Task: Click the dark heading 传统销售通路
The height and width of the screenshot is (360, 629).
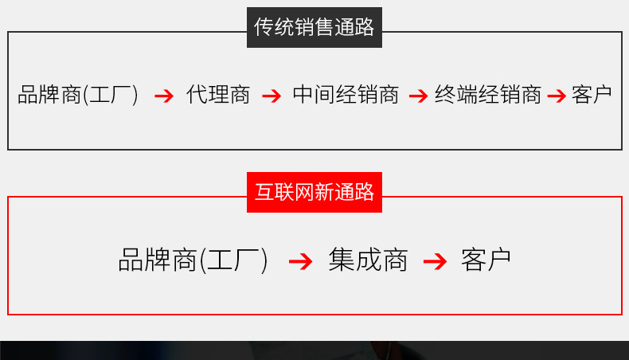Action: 314,27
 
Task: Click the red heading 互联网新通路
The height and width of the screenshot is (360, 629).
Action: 314,192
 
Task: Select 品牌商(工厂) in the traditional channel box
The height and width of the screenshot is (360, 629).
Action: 78,95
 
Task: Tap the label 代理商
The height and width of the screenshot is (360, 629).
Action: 218,95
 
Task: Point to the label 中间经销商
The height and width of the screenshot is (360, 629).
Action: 346,95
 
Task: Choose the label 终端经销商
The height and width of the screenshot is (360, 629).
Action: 488,95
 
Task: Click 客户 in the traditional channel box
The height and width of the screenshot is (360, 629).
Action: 592,95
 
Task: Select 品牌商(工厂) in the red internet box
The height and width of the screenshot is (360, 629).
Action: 193,260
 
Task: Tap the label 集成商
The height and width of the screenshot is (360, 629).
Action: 368,260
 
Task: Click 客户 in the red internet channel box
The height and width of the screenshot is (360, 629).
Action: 486,260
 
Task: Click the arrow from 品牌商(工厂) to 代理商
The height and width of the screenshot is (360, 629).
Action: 164,96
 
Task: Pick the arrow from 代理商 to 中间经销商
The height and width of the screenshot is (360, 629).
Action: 272,96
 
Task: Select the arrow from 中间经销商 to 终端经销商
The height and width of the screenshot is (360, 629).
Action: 418,96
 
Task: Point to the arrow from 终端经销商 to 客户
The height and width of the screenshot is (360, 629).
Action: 557,96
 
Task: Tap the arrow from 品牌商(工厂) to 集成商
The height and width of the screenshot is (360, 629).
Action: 300,262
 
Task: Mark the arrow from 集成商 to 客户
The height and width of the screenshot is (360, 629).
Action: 436,262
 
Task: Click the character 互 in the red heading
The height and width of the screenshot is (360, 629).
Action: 264,192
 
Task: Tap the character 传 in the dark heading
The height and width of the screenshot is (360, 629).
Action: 264,27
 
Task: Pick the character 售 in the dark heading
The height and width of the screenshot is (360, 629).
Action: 324,27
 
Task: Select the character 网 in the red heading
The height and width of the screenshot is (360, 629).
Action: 304,192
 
